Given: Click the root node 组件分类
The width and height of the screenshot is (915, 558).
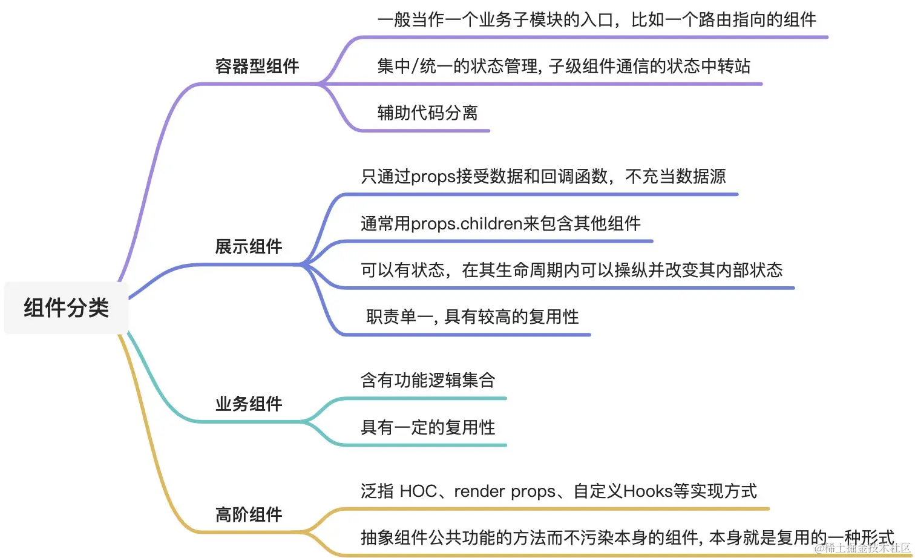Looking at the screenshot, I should (66, 308).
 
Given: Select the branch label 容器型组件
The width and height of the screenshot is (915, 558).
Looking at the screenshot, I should (257, 66).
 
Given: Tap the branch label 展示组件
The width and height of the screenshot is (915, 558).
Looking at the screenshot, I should (249, 246).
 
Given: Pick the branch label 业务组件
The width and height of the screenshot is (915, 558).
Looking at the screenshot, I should (249, 404).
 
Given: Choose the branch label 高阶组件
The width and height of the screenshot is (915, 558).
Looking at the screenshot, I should (249, 514).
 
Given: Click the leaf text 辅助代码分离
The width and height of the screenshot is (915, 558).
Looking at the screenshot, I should (427, 113).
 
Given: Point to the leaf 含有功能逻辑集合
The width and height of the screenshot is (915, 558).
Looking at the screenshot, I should (428, 380).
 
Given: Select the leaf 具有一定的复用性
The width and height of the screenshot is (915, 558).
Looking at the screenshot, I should (428, 427).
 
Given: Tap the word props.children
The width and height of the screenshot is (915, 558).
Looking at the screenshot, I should (459, 224).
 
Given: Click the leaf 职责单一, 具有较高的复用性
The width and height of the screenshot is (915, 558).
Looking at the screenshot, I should (472, 317).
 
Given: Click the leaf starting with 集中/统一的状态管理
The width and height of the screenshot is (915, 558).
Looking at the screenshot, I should (563, 66).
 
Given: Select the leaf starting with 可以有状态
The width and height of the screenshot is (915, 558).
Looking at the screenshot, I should (571, 270).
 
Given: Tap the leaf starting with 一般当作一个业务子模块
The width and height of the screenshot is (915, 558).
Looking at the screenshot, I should (597, 20).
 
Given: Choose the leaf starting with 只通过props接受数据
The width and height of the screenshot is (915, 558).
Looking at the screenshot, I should (543, 177).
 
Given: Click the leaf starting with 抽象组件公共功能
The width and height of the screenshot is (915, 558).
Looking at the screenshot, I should (627, 537).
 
